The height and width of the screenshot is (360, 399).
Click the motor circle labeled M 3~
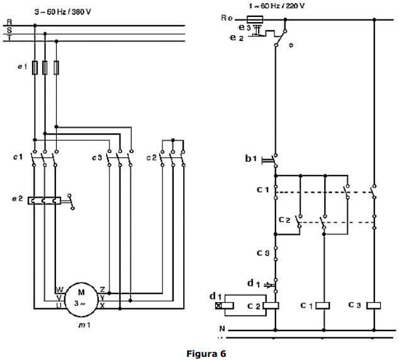[81, 296]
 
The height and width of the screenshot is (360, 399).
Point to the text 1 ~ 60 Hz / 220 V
[277, 6]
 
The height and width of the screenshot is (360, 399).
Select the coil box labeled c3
[374, 306]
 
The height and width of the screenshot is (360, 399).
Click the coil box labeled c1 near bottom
[323, 306]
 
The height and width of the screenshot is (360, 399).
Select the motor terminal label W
[59, 290]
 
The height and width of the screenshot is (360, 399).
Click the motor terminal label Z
[102, 290]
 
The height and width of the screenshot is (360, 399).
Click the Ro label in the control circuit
[228, 19]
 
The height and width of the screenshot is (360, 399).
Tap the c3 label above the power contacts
[96, 157]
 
